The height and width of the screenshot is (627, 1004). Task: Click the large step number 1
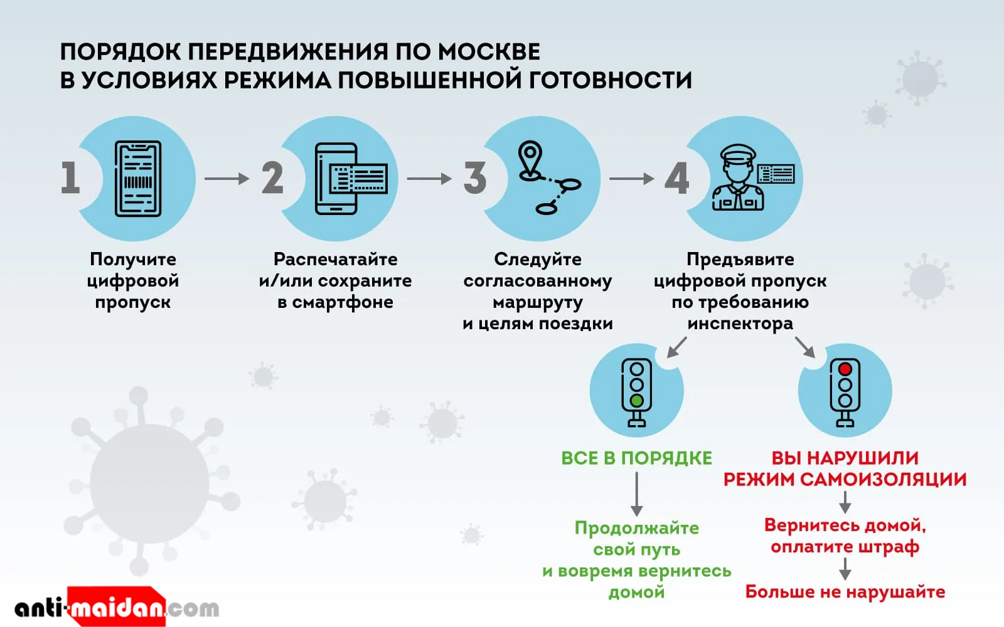click(70, 178)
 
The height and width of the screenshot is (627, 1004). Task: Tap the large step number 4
click(677, 178)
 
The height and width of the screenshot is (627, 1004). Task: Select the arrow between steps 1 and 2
click(227, 179)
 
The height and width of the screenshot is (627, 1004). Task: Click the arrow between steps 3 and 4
click(631, 179)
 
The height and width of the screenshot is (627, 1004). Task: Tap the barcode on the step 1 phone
click(138, 182)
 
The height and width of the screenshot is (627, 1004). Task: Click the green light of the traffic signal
click(637, 401)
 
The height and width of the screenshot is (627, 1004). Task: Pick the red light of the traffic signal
click(845, 369)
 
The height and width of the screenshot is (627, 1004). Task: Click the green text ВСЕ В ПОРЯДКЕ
click(636, 458)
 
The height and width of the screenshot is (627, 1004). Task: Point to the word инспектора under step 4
click(740, 324)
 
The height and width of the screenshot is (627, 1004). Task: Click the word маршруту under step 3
click(538, 302)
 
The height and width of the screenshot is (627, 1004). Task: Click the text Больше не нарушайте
click(845, 592)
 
